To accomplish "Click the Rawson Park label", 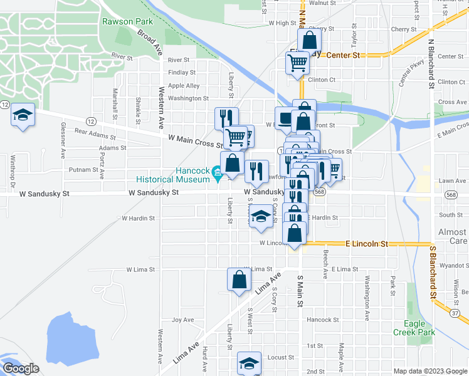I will (x=123, y=21).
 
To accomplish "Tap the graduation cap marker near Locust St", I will (x=249, y=364).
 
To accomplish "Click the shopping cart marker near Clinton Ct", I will (x=297, y=63).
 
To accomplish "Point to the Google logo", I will (x=21, y=369).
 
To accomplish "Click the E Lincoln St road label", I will (x=367, y=243).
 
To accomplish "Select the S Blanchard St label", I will (x=432, y=272).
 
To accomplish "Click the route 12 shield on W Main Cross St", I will (x=91, y=120).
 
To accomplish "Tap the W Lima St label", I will (x=140, y=269).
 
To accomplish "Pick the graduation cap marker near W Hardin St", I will (x=260, y=217).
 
